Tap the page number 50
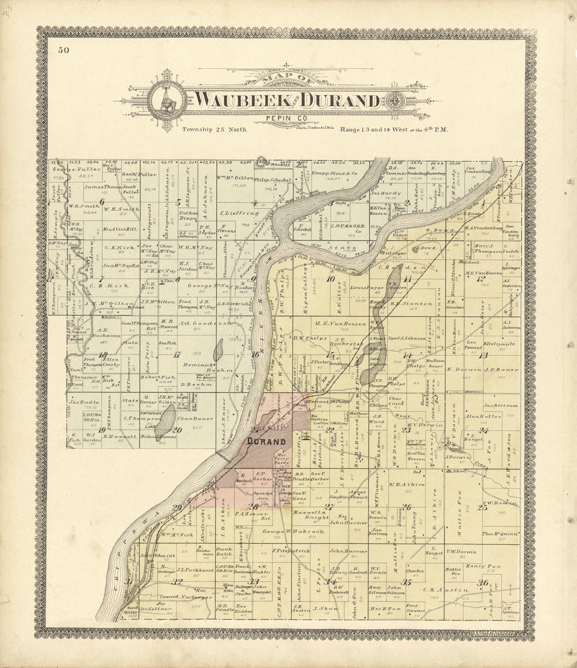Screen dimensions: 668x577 (64, 50)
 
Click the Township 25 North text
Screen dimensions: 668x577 (214, 130)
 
